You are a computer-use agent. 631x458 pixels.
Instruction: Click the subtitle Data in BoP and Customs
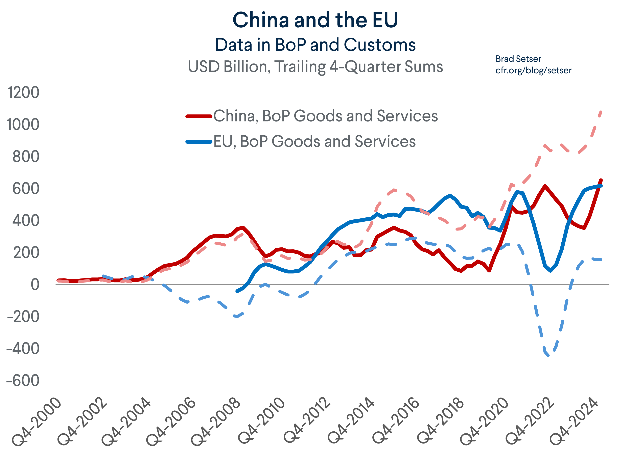(315, 45)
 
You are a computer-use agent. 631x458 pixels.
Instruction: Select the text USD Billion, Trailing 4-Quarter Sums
(315, 67)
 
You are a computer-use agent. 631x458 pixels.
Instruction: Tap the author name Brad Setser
(518, 59)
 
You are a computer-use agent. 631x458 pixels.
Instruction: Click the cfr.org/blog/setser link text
(533, 70)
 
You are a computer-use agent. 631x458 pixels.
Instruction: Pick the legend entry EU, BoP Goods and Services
(314, 141)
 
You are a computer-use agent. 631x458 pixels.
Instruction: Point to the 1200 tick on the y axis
(23, 92)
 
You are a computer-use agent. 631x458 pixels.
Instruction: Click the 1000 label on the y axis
(23, 125)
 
